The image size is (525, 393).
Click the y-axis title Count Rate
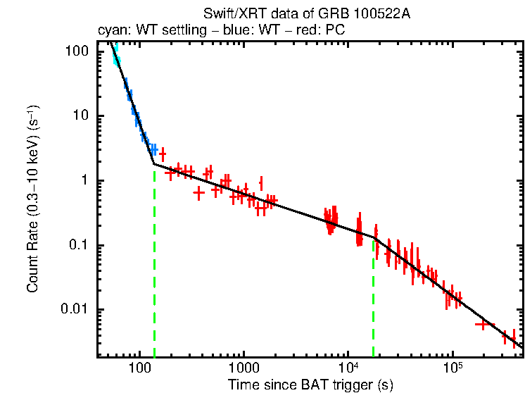(32, 200)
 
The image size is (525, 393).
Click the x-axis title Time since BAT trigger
(310, 385)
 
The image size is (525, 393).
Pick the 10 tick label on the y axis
(81, 116)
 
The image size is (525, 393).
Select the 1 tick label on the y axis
(84, 181)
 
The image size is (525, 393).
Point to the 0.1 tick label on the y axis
(79, 246)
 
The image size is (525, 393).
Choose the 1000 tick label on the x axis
(243, 368)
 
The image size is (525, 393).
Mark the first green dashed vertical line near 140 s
(154, 268)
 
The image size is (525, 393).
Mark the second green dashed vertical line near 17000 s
(373, 303)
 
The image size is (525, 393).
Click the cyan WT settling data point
(117, 61)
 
